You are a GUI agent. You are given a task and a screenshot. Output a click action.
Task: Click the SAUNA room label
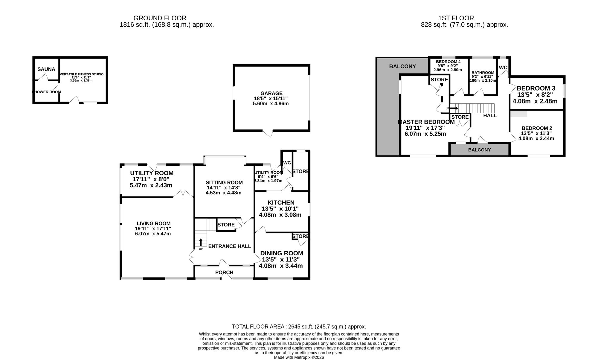click(x=46, y=69)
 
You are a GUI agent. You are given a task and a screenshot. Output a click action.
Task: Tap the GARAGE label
click(x=271, y=93)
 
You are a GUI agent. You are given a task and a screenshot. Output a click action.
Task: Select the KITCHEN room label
click(x=281, y=203)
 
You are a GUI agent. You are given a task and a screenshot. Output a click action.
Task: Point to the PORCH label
click(x=224, y=272)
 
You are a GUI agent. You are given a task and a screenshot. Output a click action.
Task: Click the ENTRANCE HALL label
click(x=229, y=246)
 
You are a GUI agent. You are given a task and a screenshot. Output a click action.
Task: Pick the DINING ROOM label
click(x=282, y=253)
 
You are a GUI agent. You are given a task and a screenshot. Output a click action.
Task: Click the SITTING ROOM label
click(x=224, y=182)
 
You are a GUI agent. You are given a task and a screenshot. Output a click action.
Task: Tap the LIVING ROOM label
click(x=153, y=223)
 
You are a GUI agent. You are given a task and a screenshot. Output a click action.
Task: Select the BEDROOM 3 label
click(x=536, y=88)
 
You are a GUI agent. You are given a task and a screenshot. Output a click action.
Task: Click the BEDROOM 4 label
click(x=448, y=62)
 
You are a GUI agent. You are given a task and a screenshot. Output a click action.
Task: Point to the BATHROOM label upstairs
click(x=483, y=73)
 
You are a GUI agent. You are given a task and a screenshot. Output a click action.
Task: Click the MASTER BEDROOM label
click(x=426, y=122)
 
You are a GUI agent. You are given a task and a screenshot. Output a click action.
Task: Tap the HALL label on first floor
click(x=490, y=115)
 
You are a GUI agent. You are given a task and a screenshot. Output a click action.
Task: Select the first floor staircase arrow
click(x=454, y=108)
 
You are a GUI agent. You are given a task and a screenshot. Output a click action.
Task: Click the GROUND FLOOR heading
click(x=160, y=18)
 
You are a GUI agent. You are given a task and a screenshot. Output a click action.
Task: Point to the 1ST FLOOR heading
click(x=456, y=18)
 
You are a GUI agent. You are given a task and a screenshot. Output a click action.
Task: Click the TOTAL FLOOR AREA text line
click(x=299, y=327)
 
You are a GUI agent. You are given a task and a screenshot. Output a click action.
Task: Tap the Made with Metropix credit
click(x=299, y=357)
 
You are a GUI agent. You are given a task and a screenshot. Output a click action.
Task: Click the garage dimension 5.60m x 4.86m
click(x=271, y=103)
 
